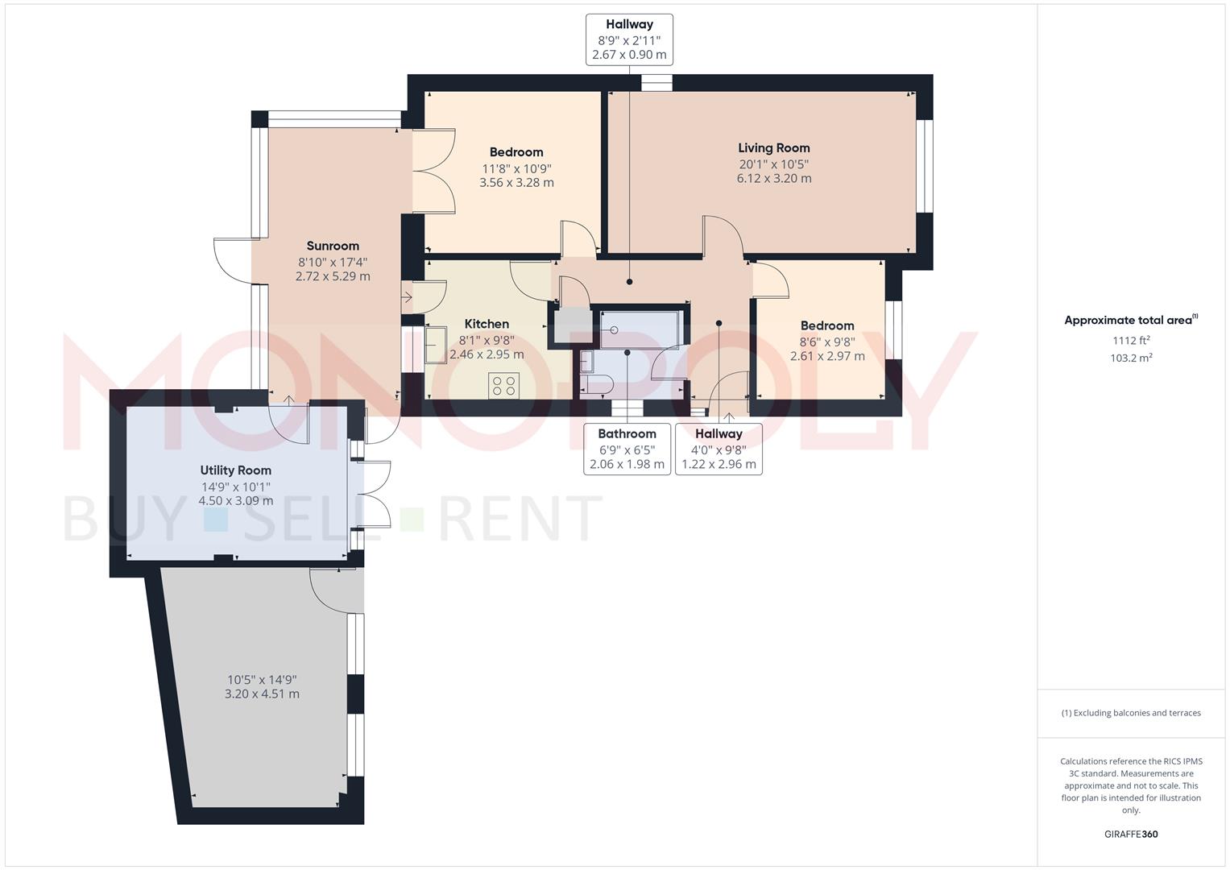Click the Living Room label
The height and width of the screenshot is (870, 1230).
[773, 148]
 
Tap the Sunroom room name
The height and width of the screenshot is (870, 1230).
[333, 246]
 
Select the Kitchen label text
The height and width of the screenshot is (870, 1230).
[487, 324]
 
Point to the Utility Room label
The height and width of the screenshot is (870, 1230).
[236, 470]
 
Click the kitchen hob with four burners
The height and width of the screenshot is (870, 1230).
[504, 385]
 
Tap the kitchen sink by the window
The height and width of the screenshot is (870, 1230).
[436, 345]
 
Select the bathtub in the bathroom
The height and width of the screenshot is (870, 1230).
[640, 329]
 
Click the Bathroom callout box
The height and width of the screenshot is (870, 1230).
[627, 449]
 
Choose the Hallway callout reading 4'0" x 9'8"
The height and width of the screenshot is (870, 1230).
[719, 449]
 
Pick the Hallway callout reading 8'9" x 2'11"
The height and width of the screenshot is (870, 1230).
[629, 39]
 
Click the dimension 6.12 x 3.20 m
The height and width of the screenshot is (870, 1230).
[773, 179]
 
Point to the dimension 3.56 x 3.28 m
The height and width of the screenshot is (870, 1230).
[516, 183]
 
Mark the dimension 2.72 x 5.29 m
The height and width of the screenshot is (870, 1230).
[333, 276]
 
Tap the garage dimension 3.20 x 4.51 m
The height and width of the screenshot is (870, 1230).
[262, 694]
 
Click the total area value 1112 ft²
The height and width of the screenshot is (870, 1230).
[1131, 341]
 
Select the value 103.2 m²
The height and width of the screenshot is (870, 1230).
[1131, 358]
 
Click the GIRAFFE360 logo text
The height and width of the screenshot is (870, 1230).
[1131, 835]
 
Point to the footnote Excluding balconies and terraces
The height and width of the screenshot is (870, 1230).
[1131, 713]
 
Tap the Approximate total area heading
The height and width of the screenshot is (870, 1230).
[1130, 321]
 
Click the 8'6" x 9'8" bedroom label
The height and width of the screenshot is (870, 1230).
[827, 342]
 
